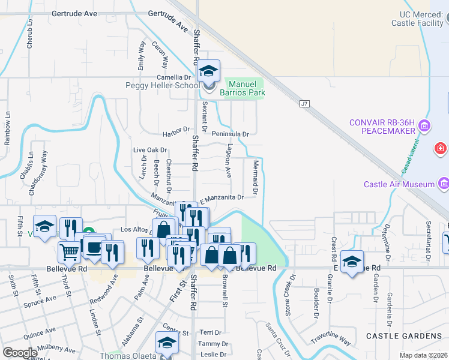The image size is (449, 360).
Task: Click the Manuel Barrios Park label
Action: (x=245, y=89)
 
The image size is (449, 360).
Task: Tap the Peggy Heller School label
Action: (x=162, y=86)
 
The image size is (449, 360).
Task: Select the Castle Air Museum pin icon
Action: (x=444, y=183)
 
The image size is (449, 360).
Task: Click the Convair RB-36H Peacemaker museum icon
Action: (x=424, y=127)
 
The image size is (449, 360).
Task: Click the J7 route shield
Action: (x=304, y=104)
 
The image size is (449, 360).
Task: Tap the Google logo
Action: (x=20, y=353)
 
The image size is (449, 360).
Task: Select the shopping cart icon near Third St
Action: (x=70, y=252)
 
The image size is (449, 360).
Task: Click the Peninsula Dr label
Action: (x=229, y=134)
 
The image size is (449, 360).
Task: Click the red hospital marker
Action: (x=441, y=148)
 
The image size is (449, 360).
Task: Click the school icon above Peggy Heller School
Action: (x=208, y=71)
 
